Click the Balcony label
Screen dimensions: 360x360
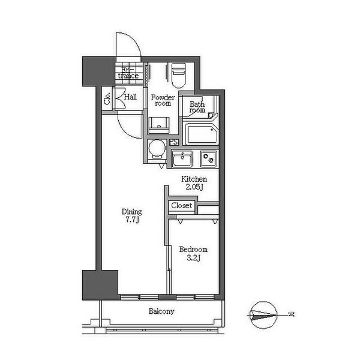(x=161, y=311)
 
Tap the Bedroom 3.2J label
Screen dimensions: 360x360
(x=193, y=253)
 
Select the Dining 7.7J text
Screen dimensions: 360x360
(x=132, y=215)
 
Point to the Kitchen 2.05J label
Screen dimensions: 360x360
(x=194, y=183)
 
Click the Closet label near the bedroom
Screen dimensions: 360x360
(x=181, y=205)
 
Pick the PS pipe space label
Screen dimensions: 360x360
(x=174, y=142)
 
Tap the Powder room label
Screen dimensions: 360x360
(x=163, y=100)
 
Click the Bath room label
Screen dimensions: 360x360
(x=197, y=107)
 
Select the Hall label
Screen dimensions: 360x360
(x=130, y=97)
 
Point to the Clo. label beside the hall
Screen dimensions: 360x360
(x=107, y=98)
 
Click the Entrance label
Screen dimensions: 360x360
(x=128, y=73)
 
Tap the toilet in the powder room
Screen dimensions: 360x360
(x=179, y=75)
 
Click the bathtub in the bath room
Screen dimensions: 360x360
(x=201, y=134)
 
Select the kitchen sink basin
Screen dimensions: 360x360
(x=182, y=158)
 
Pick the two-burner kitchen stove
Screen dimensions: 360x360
(x=208, y=158)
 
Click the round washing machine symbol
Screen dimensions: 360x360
(x=157, y=148)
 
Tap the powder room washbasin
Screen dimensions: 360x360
(x=159, y=125)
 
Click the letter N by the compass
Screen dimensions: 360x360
(x=292, y=314)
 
